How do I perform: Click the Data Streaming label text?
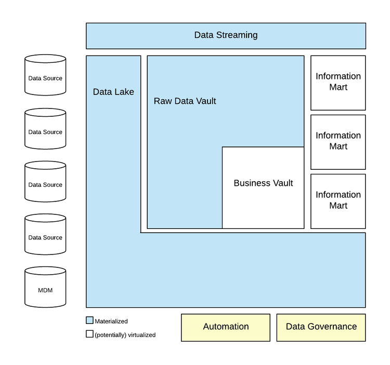point(226,35)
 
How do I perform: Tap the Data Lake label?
point(113,92)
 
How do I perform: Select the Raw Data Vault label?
point(185,101)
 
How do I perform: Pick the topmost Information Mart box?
point(338,83)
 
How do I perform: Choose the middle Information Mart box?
point(338,142)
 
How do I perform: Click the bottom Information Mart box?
point(338,201)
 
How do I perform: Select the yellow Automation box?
point(226,327)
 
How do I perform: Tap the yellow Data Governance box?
point(321,327)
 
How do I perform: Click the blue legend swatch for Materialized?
point(89,321)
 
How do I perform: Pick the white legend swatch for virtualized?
point(89,334)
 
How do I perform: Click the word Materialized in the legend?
point(111,321)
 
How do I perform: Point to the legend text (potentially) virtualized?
point(125,335)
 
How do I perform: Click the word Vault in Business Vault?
point(281,183)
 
